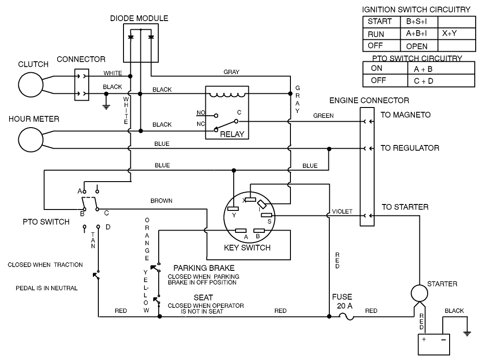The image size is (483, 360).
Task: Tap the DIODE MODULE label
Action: [x=140, y=19]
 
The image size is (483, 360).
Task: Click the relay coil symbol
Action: [x=227, y=95]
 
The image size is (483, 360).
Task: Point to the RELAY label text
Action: [x=232, y=134]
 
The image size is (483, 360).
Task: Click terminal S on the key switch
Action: [x=267, y=215]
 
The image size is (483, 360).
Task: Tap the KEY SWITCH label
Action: [x=247, y=248]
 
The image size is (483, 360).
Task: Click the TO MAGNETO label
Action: [x=405, y=115]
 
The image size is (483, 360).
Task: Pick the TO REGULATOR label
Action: [x=410, y=148]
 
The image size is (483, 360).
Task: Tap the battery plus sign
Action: [x=424, y=340]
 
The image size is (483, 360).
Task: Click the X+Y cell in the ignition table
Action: [x=450, y=33]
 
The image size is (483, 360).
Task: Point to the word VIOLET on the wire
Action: [x=342, y=211]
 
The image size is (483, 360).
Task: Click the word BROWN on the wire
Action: [x=161, y=201]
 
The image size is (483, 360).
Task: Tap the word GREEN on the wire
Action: [x=323, y=116]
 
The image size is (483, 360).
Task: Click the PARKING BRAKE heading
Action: [x=204, y=268]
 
